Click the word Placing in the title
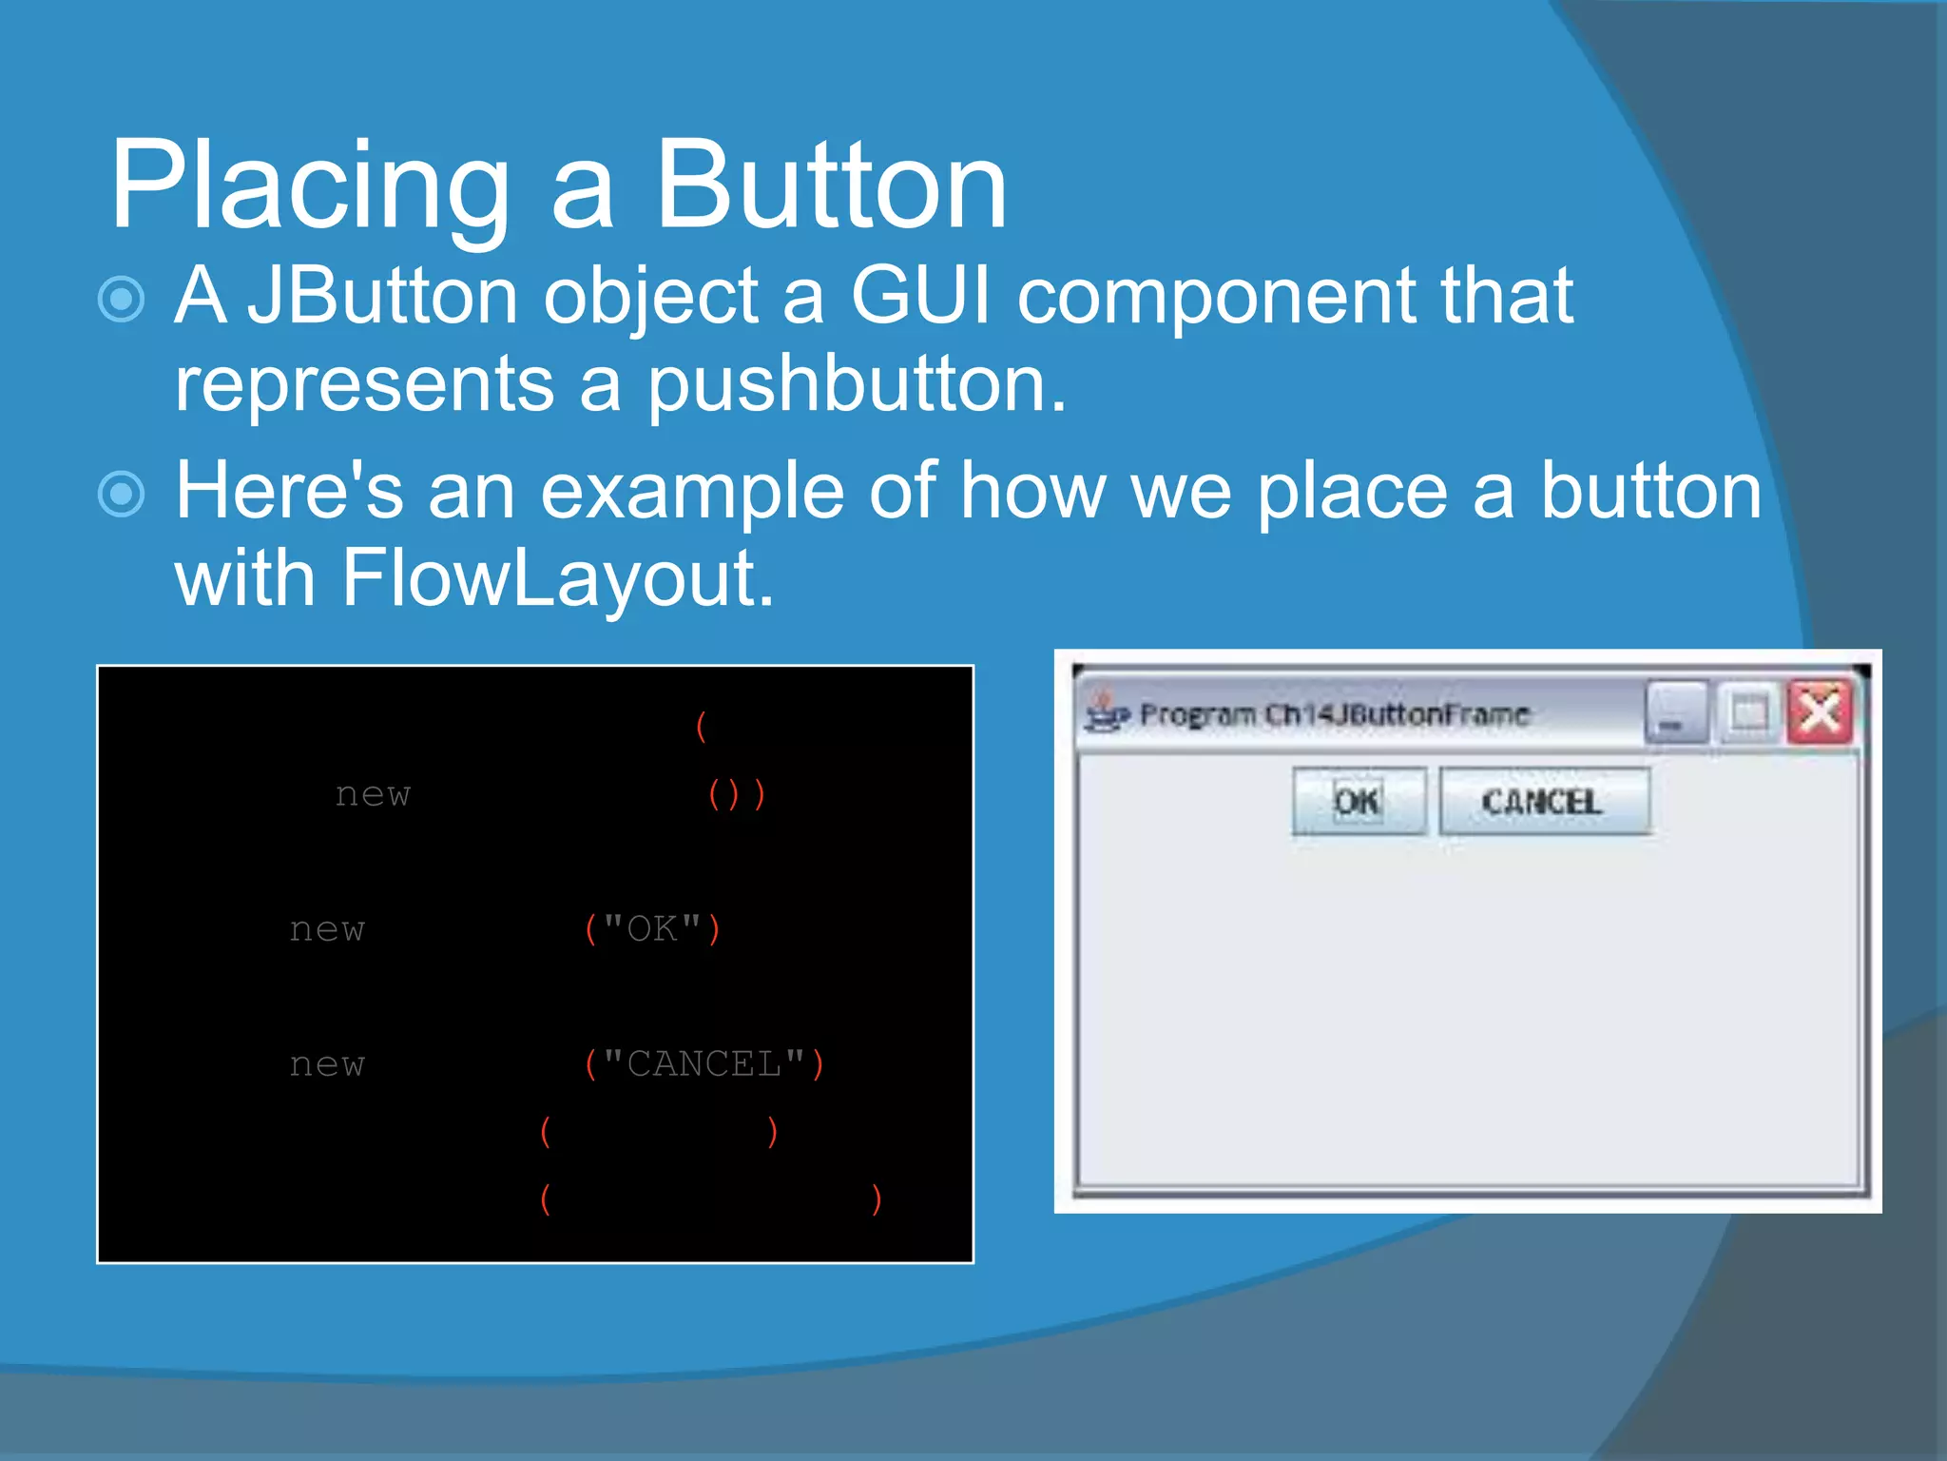coord(309,185)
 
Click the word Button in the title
coord(829,185)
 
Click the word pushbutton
coord(856,385)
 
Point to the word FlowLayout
coord(556,577)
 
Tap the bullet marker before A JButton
coord(122,300)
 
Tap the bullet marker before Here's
coord(122,495)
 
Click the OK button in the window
coord(1358,801)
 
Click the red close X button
coord(1819,711)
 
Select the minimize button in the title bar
coord(1675,713)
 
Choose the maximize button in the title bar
coord(1747,713)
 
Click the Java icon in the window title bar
coord(1105,713)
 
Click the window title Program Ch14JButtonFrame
coord(1333,714)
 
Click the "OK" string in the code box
coord(652,929)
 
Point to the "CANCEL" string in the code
coord(704,1064)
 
